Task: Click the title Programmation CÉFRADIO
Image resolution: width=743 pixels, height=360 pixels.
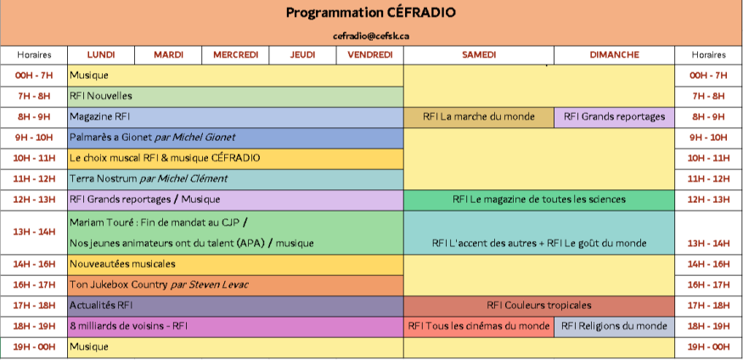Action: point(370,13)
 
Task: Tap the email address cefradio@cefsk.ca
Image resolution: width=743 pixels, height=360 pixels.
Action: point(370,36)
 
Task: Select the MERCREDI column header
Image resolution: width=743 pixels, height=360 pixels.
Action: point(235,55)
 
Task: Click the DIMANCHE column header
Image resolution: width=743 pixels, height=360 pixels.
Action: point(614,55)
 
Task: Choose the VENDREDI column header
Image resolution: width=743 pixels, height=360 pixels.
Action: point(370,55)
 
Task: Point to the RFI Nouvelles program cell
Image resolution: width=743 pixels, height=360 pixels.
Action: point(235,97)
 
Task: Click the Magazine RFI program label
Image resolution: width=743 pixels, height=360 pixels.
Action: point(100,116)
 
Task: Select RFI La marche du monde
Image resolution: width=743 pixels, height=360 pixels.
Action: point(479,117)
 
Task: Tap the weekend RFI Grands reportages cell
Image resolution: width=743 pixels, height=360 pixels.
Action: point(614,117)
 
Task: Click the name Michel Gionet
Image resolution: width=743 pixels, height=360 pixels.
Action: point(204,138)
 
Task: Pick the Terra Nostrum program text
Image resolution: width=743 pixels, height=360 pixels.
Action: point(104,178)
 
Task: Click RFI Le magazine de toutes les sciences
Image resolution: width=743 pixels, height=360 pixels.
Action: point(539,200)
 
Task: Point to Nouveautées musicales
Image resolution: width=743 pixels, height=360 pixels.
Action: point(123,264)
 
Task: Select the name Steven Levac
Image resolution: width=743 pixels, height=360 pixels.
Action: point(218,284)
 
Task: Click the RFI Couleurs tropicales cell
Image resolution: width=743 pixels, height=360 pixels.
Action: point(539,306)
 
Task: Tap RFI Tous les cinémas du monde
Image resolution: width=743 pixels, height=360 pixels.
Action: point(479,326)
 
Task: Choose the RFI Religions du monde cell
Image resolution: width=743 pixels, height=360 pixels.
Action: point(614,326)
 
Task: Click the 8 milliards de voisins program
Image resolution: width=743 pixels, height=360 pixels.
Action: point(129,326)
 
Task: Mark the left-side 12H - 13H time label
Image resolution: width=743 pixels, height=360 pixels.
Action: point(34,200)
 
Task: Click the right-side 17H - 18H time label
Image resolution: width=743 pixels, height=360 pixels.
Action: point(708,306)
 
